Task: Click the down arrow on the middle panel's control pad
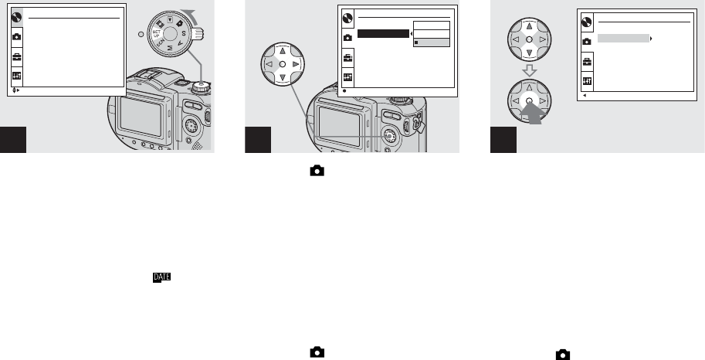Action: point(283,78)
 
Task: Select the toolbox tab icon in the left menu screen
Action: point(17,56)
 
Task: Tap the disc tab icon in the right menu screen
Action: point(587,21)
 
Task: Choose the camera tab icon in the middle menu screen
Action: point(348,37)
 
